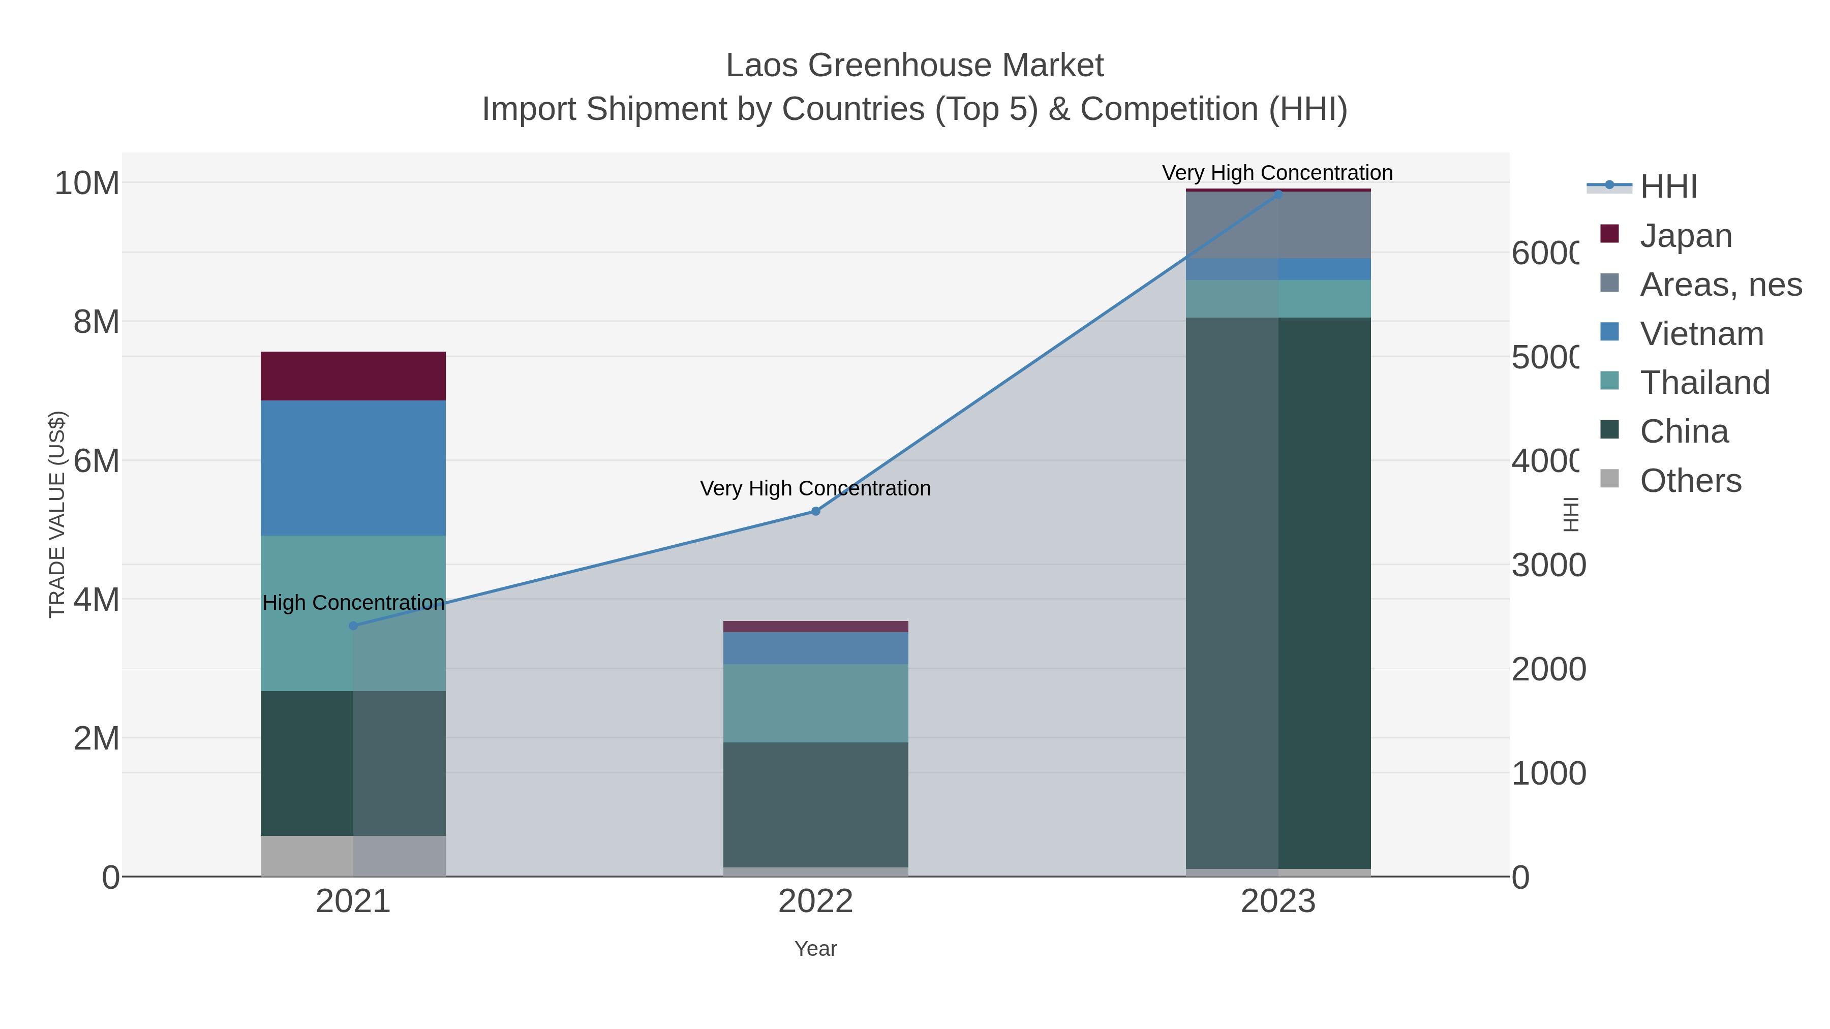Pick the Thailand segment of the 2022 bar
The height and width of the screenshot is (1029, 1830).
point(815,703)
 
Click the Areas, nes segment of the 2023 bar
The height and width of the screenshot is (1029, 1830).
point(1278,225)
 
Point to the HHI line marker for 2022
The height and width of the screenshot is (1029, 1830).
point(815,511)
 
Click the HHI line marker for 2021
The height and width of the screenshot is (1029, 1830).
point(353,626)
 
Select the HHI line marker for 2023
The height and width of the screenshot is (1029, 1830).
point(1278,194)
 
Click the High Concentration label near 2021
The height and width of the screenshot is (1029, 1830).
point(353,602)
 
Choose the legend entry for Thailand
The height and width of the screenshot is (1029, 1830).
point(1704,382)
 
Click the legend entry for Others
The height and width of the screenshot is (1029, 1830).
point(1690,481)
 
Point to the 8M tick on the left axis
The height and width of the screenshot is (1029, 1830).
point(97,322)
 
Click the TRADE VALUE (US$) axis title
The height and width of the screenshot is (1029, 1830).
point(57,514)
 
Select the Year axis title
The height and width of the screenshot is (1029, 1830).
point(815,949)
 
